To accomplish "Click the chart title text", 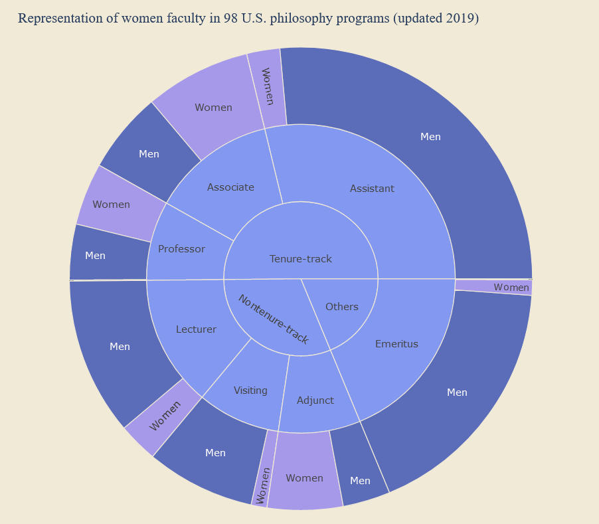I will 248,18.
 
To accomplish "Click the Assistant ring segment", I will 372,189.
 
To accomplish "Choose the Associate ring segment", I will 230,187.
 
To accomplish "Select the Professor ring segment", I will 181,249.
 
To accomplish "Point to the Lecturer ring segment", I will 196,329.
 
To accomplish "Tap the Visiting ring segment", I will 250,391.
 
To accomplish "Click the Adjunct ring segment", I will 315,400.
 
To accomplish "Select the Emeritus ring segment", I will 396,344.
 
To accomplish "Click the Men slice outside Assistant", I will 430,137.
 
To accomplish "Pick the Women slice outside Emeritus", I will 511,287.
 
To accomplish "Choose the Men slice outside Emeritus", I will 457,393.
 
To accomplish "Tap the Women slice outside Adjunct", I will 304,478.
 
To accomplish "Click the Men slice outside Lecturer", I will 120,347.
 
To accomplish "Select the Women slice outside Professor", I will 111,205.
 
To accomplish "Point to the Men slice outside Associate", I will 149,154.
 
